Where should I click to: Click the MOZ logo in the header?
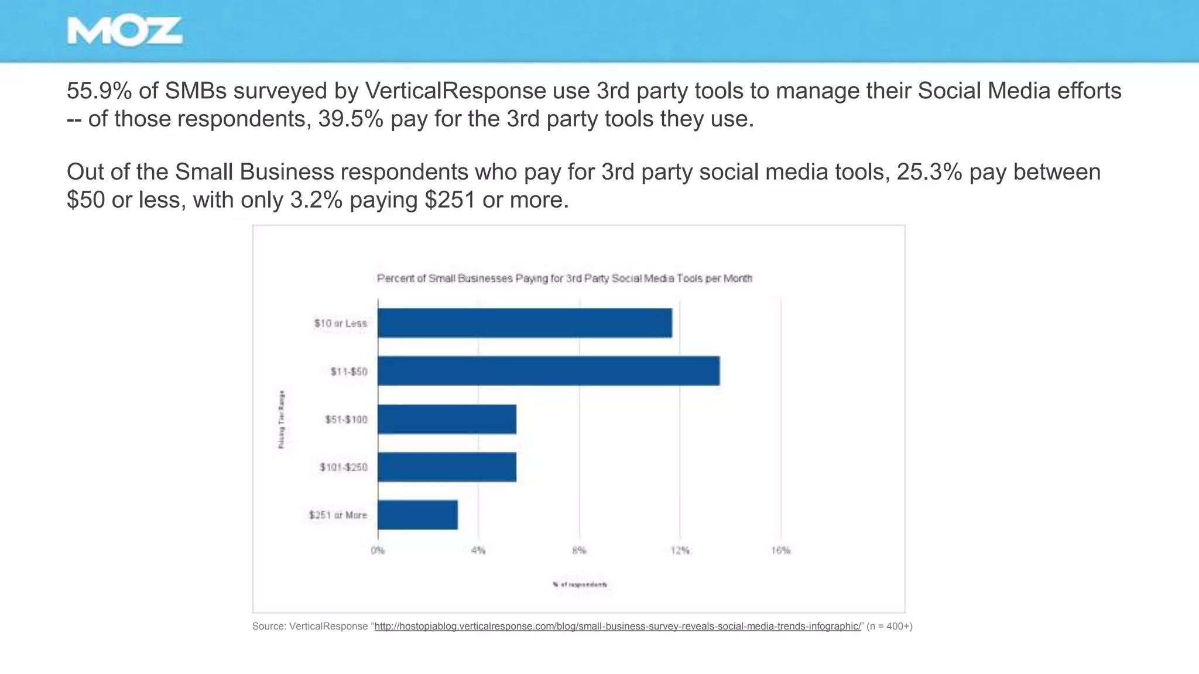[124, 32]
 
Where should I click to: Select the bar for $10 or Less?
[525, 323]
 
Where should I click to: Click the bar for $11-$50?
[549, 371]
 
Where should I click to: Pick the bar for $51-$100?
[447, 419]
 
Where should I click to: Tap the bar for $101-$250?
[447, 467]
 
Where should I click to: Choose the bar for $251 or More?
[417, 515]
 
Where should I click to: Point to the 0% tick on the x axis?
[378, 551]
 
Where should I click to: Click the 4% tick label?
[478, 551]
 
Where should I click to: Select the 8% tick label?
[579, 551]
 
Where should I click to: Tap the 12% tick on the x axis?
[680, 551]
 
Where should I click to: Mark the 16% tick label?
[781, 551]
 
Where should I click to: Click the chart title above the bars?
[564, 278]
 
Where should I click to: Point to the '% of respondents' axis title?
[580, 584]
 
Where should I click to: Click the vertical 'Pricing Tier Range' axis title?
[282, 419]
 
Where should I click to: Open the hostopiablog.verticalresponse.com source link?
[618, 626]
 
